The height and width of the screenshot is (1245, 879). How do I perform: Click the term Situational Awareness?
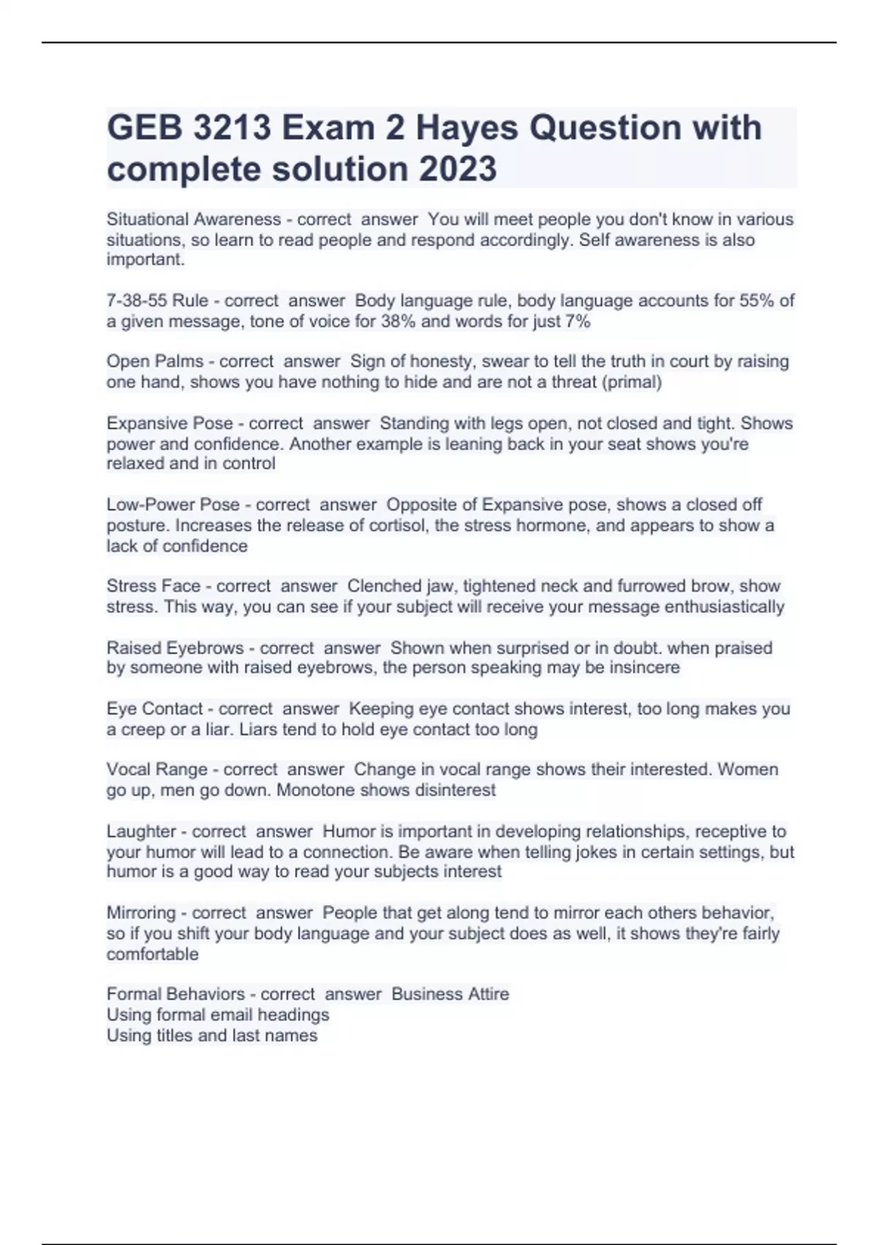coord(194,219)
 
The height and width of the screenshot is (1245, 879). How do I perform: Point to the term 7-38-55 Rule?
coord(157,300)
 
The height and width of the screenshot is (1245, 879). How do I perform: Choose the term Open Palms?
coord(155,361)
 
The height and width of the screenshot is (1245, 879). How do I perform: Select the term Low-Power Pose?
coord(174,505)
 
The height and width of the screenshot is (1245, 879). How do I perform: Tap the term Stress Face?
coord(154,586)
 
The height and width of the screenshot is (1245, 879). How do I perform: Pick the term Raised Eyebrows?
coord(176,647)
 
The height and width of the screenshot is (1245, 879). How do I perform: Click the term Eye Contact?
coord(155,708)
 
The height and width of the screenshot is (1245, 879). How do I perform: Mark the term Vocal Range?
coord(157,769)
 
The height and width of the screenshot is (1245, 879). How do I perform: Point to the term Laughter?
coord(139,831)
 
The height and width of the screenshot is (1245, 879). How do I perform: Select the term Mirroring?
coord(139,913)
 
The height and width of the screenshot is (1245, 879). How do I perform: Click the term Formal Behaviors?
coord(176,994)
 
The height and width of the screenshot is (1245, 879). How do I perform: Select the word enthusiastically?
coord(724,606)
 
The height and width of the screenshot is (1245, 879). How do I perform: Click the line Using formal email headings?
coord(218,1014)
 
